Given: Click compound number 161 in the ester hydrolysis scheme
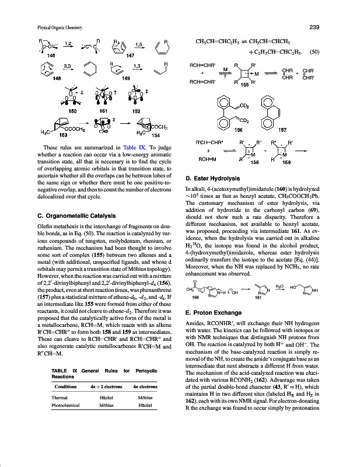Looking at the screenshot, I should [257, 297].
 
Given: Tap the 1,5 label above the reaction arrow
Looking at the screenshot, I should [139, 43].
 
